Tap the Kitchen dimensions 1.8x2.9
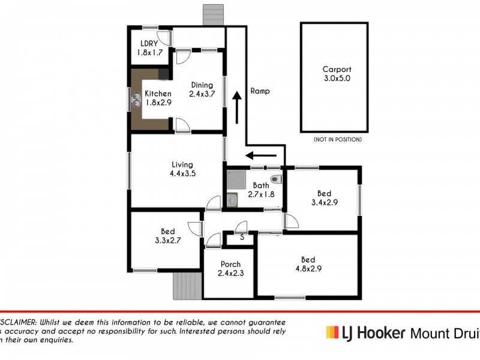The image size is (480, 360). (x=158, y=103)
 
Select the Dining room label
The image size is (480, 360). (x=202, y=85)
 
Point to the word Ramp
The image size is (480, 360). (x=260, y=91)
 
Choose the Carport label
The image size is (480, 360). (x=337, y=69)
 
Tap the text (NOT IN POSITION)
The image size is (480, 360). (x=337, y=139)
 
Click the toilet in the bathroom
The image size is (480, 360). (x=276, y=178)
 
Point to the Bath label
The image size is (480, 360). (x=261, y=185)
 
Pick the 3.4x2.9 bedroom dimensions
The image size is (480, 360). (x=324, y=203)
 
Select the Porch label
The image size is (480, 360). (x=230, y=264)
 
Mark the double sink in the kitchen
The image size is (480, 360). (x=136, y=102)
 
